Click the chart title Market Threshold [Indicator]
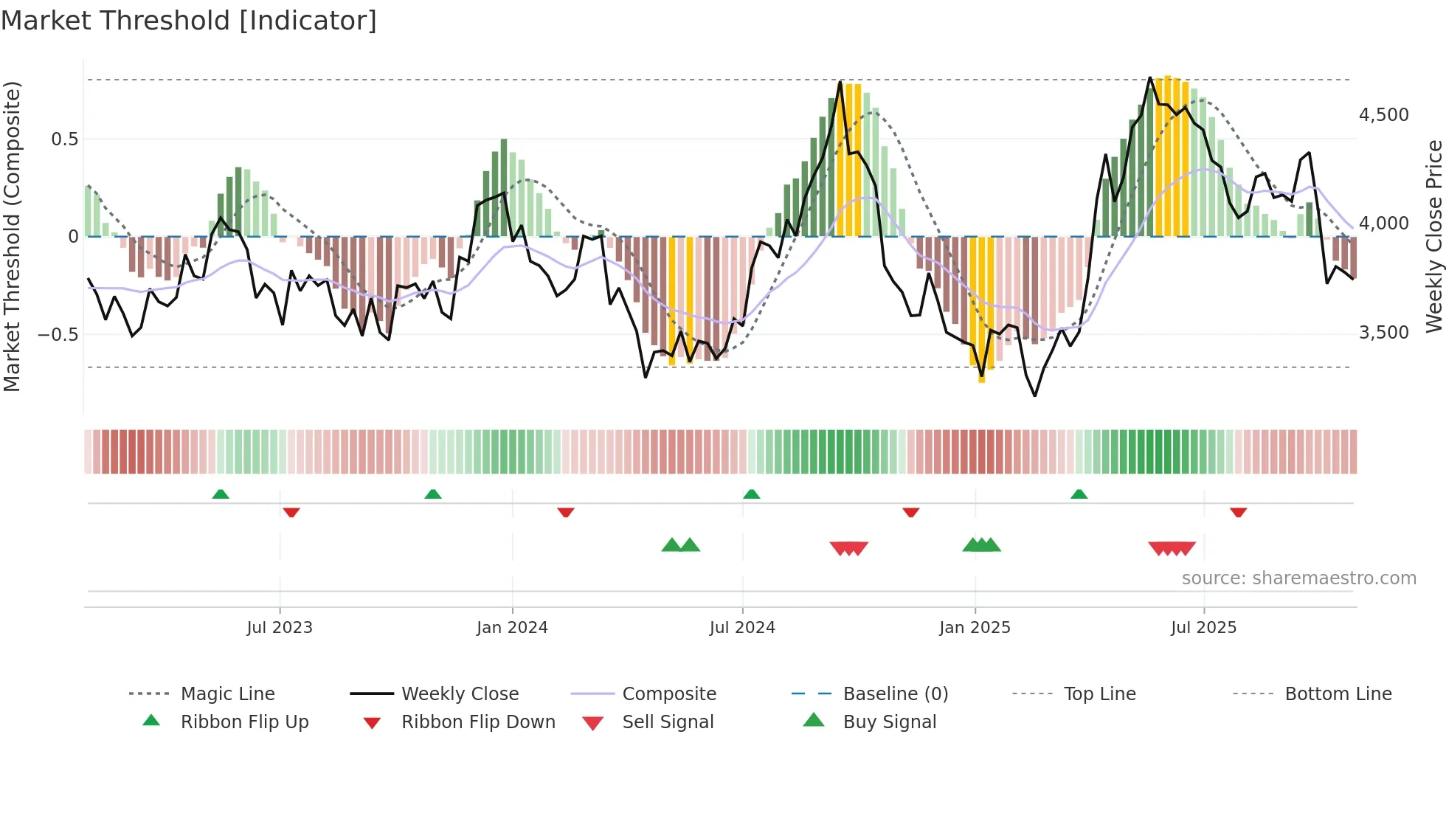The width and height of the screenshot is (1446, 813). pyautogui.click(x=189, y=21)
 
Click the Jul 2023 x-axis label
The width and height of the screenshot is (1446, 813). pyautogui.click(x=280, y=628)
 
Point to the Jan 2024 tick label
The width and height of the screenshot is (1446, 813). pyautogui.click(x=512, y=628)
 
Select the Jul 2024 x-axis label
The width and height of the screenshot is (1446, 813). pyautogui.click(x=742, y=628)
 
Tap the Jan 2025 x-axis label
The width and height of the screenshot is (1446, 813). pyautogui.click(x=975, y=628)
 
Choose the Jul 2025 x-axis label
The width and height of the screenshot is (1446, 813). pyautogui.click(x=1203, y=628)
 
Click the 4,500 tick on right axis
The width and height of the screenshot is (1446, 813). pyautogui.click(x=1383, y=115)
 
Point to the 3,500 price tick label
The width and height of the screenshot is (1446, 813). pyautogui.click(x=1383, y=333)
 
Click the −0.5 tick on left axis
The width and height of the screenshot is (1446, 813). pyautogui.click(x=58, y=334)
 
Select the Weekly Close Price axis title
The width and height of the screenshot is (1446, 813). pyautogui.click(x=1433, y=236)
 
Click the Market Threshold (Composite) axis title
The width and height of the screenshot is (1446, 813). pyautogui.click(x=12, y=236)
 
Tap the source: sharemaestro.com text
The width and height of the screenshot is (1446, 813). pyautogui.click(x=1298, y=578)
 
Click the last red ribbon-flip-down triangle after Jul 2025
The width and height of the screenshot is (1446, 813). pyautogui.click(x=1238, y=512)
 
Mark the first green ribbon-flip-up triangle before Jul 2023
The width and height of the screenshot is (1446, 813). pyautogui.click(x=221, y=494)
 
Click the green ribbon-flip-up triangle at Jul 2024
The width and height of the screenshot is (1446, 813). pyautogui.click(x=751, y=494)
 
